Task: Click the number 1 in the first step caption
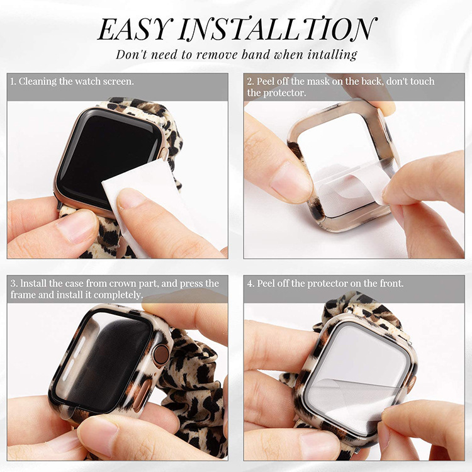click(13, 82)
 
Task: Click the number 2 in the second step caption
click(250, 82)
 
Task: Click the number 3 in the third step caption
click(13, 284)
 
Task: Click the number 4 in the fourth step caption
click(250, 284)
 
